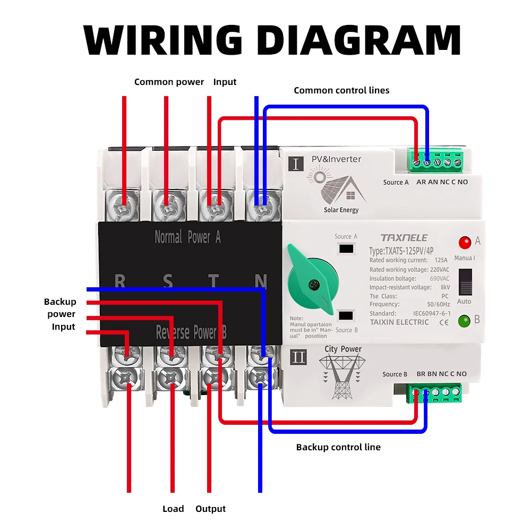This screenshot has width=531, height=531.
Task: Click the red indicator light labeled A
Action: coord(465,243)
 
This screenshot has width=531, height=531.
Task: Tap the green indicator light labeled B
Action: coord(464,321)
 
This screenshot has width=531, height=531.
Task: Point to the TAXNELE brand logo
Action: coord(404,237)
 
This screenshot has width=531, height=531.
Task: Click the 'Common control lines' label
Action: coord(341,90)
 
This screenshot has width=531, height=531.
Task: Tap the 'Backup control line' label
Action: coord(338,447)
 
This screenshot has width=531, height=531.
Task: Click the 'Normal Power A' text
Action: coord(187,237)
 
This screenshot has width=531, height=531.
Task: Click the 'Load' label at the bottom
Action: coord(173,509)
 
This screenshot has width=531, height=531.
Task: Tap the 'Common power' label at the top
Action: coord(169,82)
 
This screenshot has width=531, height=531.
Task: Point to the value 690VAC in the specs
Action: coord(439,278)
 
